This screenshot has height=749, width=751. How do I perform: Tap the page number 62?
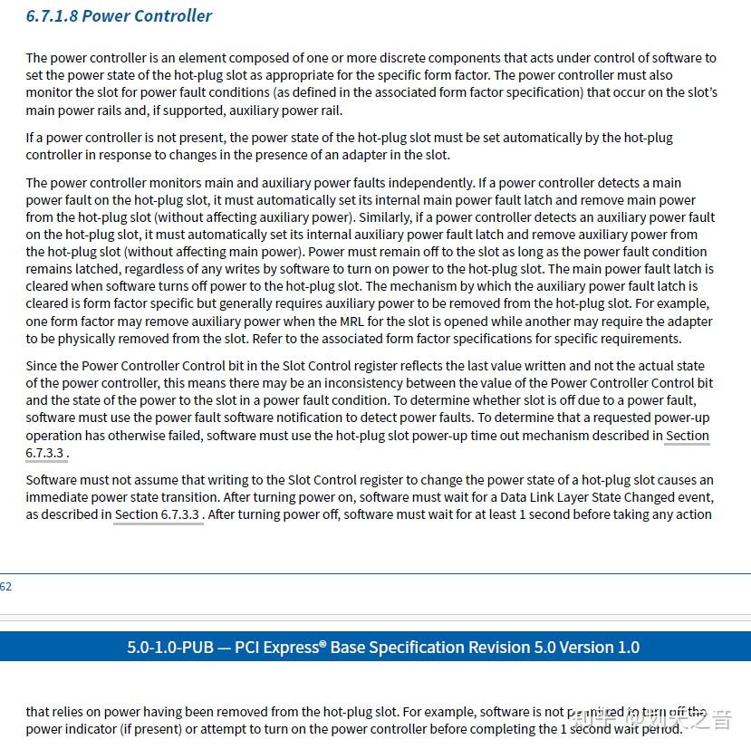click(x=5, y=586)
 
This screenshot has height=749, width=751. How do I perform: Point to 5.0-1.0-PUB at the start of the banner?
click(x=171, y=648)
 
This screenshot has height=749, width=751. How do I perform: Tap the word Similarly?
click(x=387, y=217)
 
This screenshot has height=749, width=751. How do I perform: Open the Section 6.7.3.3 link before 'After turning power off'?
click(x=157, y=514)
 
